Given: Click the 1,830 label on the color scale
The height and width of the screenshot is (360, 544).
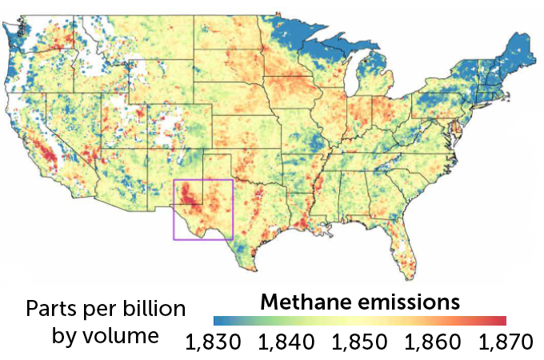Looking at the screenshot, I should tap(213, 342).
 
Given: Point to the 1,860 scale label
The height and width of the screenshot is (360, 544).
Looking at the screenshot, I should tap(433, 342).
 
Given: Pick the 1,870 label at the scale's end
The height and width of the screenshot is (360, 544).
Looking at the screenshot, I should tap(505, 342).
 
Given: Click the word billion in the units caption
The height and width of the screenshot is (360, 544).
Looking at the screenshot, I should tap(152, 310).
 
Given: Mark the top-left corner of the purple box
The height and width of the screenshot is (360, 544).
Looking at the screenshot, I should tap(174, 180).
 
